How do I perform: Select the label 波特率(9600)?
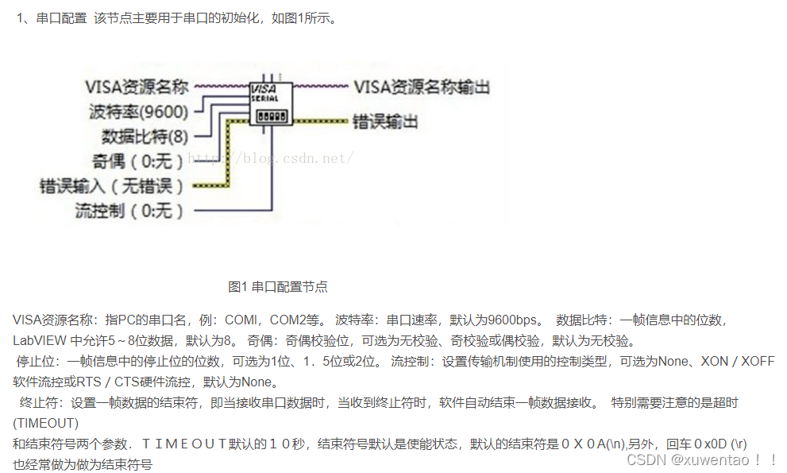coord(138,111)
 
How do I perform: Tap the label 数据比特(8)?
coord(145,136)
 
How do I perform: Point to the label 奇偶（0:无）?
coord(138,161)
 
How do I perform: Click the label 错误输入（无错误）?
coord(111,187)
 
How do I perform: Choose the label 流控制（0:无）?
coord(129,211)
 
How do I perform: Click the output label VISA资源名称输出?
coord(421,87)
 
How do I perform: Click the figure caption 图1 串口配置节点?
coord(277,286)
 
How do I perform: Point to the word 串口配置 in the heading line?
coord(61,17)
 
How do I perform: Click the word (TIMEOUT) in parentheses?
coord(46,423)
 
